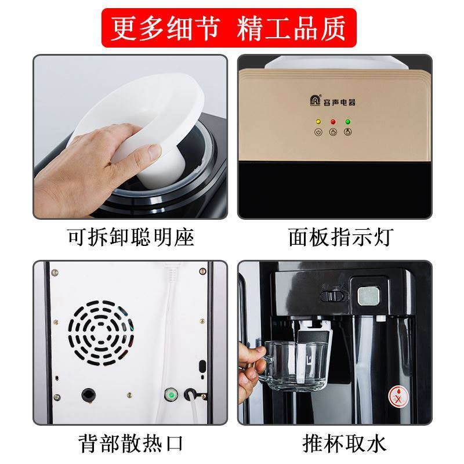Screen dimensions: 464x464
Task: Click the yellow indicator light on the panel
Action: [x=318, y=122]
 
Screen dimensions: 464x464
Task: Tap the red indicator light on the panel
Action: [x=333, y=122]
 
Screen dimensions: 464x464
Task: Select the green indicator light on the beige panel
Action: [x=348, y=122]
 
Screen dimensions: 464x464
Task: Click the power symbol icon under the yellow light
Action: [x=318, y=132]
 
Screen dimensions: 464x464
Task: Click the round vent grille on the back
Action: [x=100, y=333]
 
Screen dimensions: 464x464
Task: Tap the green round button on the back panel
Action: [x=171, y=394]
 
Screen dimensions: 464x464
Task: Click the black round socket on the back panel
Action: [x=89, y=395]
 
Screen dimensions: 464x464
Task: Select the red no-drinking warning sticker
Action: [x=398, y=396]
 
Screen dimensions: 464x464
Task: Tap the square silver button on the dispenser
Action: [x=368, y=296]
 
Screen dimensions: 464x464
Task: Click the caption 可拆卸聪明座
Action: [x=130, y=237]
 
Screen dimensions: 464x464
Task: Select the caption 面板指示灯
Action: [x=341, y=237]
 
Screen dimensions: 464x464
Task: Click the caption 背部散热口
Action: [x=130, y=443]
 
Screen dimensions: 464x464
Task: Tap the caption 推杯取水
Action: [x=344, y=443]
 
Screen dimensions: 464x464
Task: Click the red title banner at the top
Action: [x=229, y=28]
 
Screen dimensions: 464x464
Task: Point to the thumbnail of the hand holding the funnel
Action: [x=130, y=137]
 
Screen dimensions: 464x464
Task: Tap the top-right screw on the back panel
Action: [x=202, y=271]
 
